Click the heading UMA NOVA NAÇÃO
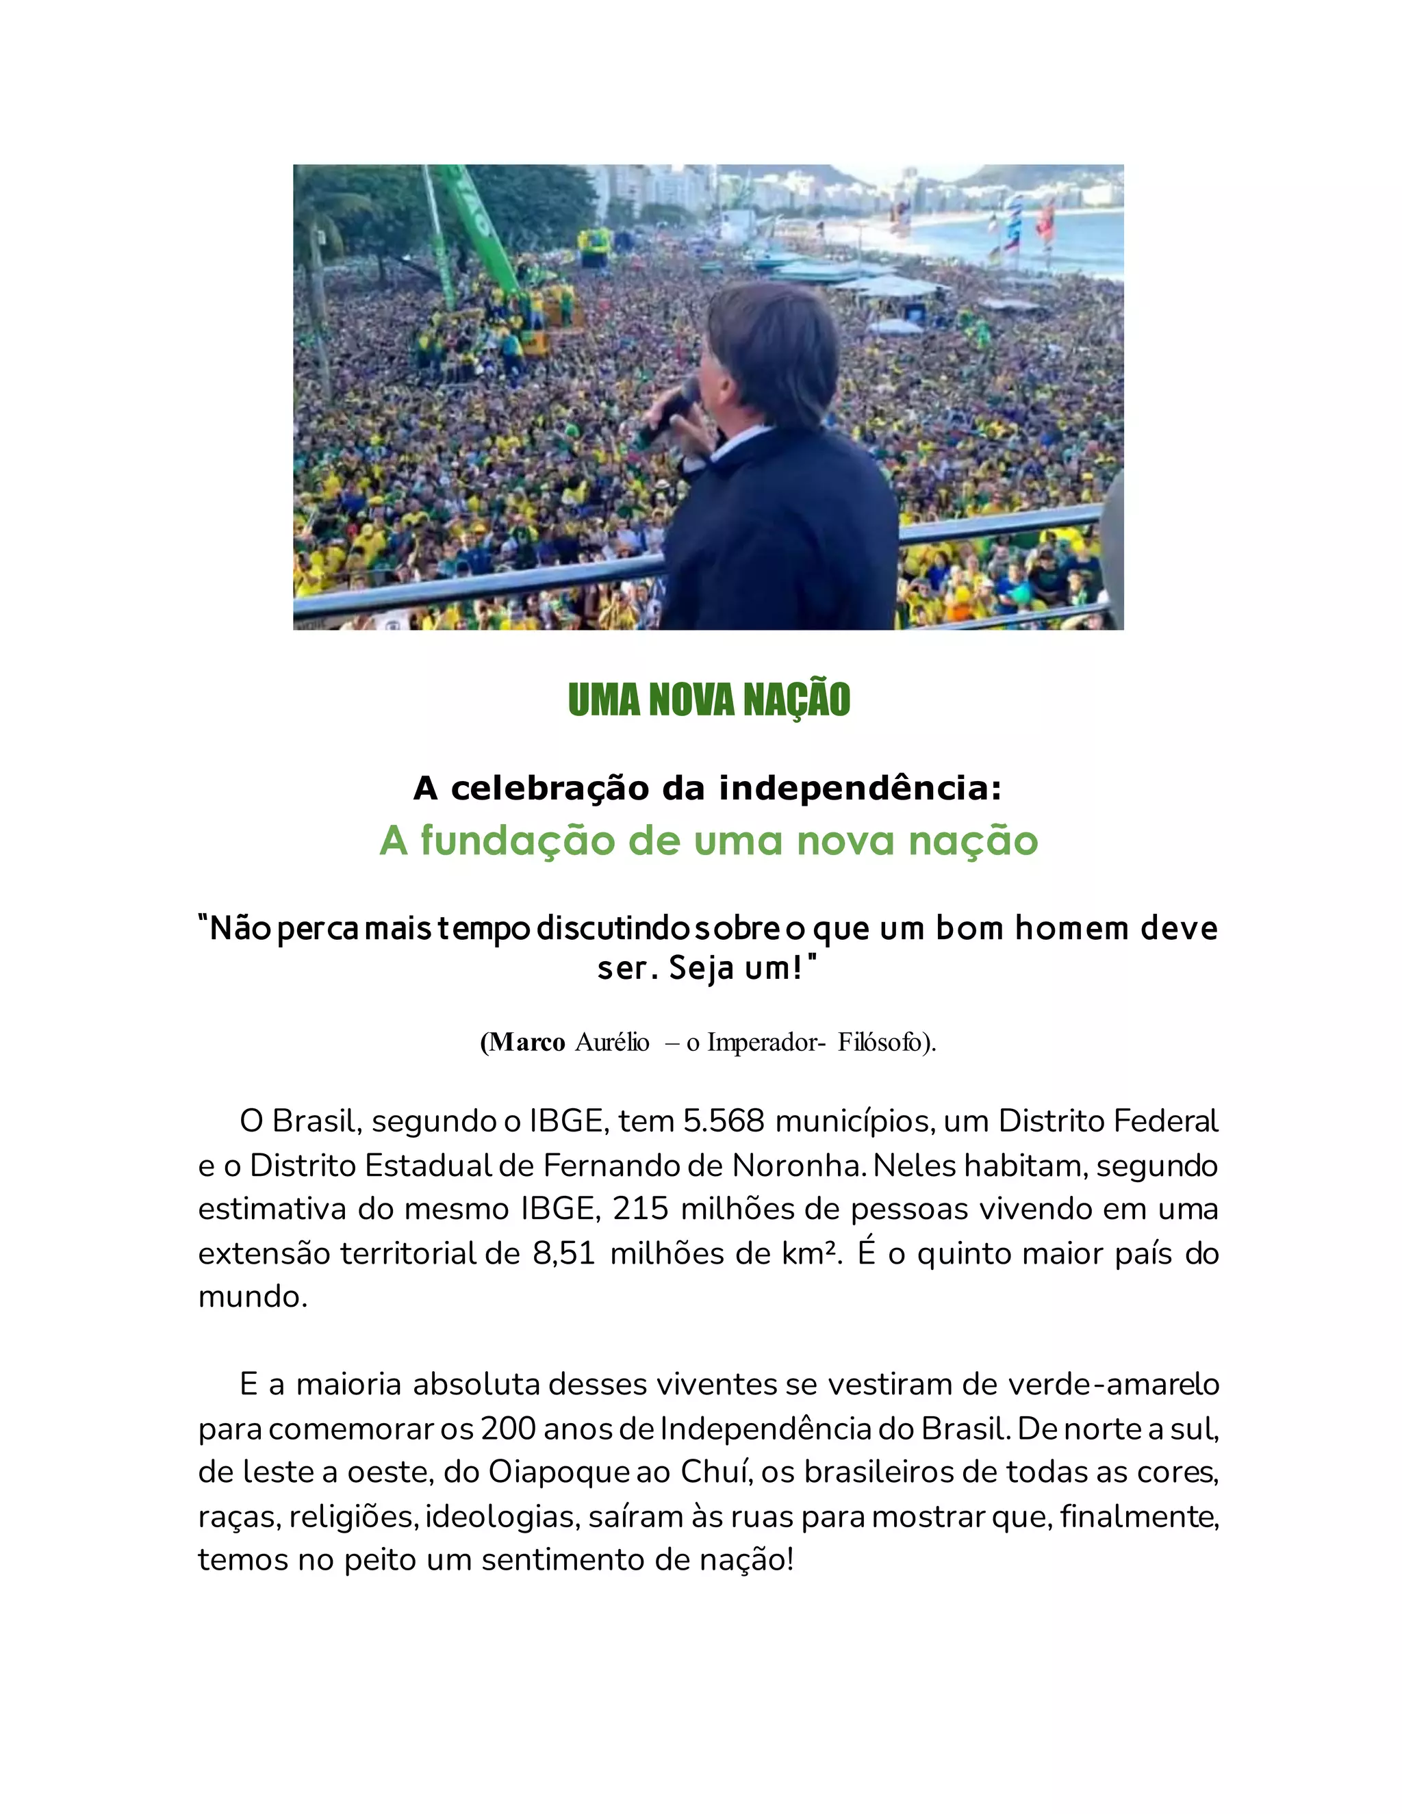click(709, 700)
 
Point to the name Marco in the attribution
click(526, 1042)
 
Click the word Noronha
click(798, 1165)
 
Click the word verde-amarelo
click(1113, 1385)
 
